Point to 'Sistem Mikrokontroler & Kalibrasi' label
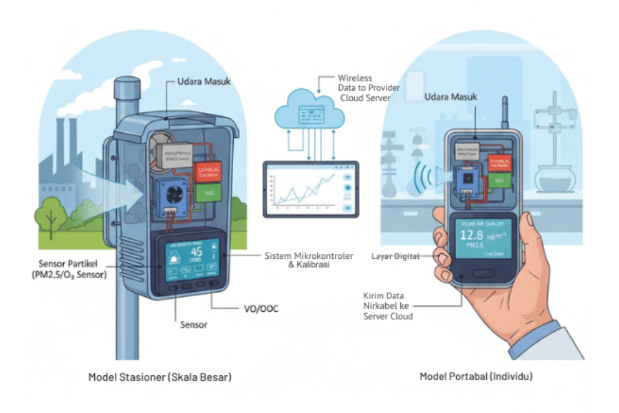(x=309, y=261)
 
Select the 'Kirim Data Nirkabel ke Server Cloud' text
(x=388, y=306)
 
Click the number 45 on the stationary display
(x=196, y=252)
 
